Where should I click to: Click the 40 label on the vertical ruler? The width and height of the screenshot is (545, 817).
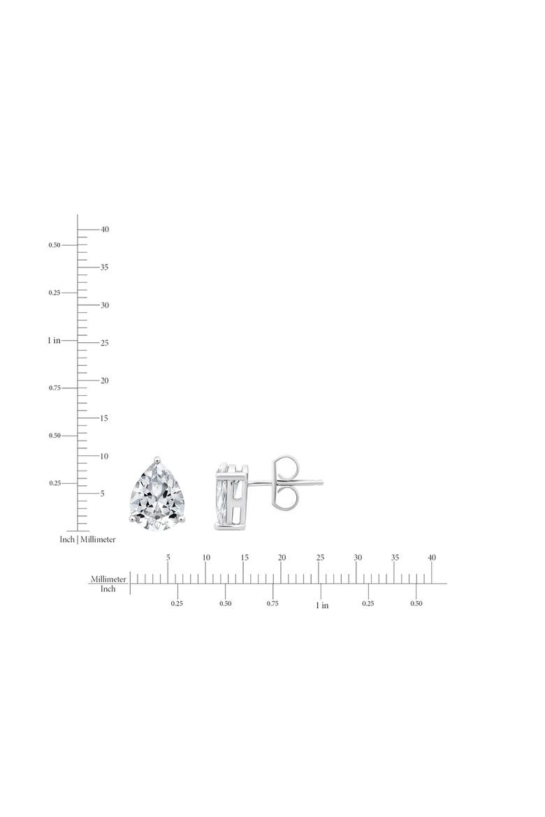[x=105, y=229]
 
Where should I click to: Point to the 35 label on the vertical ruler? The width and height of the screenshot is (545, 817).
[x=105, y=267]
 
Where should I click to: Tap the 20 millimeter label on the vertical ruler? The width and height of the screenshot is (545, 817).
[x=105, y=381]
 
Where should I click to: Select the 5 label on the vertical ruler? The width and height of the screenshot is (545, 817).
[x=103, y=494]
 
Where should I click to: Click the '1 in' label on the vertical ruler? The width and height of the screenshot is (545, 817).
[x=54, y=340]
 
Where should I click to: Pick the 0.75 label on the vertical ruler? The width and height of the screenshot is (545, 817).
[x=54, y=388]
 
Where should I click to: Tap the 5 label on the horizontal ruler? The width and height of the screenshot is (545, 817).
[x=168, y=557]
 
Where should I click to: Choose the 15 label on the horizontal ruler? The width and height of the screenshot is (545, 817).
[x=245, y=557]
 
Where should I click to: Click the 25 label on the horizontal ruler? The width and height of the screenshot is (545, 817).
[x=320, y=557]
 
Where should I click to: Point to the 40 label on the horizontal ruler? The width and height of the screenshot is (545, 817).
[x=432, y=557]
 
